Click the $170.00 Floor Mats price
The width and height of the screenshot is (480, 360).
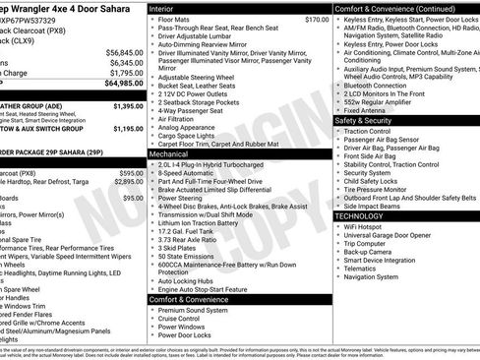coord(289,19)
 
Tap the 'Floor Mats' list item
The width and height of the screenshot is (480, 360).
coord(174,19)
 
